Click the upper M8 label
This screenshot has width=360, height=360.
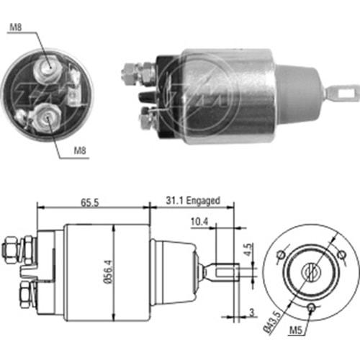click(x=16, y=27)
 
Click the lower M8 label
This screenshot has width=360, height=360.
click(x=80, y=150)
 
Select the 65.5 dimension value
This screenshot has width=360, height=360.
click(x=90, y=202)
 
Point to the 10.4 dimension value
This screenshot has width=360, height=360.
click(x=199, y=222)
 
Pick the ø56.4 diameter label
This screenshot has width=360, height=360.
click(x=109, y=271)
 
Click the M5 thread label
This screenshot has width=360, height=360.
click(x=296, y=330)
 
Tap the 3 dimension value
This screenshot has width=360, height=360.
click(x=251, y=312)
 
